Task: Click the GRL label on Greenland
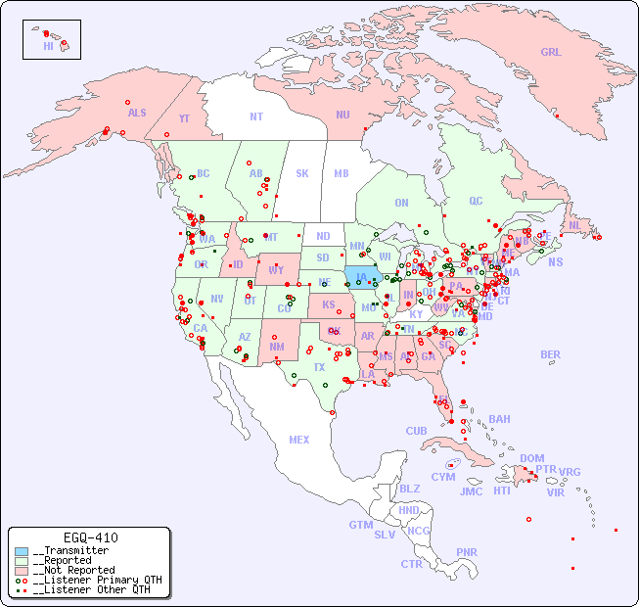(x=551, y=53)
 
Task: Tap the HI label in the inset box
(x=48, y=46)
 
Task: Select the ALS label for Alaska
(x=137, y=113)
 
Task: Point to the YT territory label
(x=184, y=118)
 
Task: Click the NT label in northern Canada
(x=255, y=117)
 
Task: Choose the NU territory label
(x=342, y=115)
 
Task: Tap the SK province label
(x=302, y=173)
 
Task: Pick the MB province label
(x=341, y=173)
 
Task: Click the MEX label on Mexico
(x=299, y=440)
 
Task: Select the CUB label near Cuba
(x=417, y=431)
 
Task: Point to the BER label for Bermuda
(x=551, y=354)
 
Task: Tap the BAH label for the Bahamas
(x=499, y=419)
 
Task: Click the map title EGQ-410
(x=90, y=537)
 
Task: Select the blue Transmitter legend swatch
(x=22, y=551)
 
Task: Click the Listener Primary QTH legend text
(x=97, y=580)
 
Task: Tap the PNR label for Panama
(x=467, y=552)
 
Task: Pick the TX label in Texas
(x=319, y=367)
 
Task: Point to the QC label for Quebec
(x=476, y=201)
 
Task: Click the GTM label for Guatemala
(x=360, y=525)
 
